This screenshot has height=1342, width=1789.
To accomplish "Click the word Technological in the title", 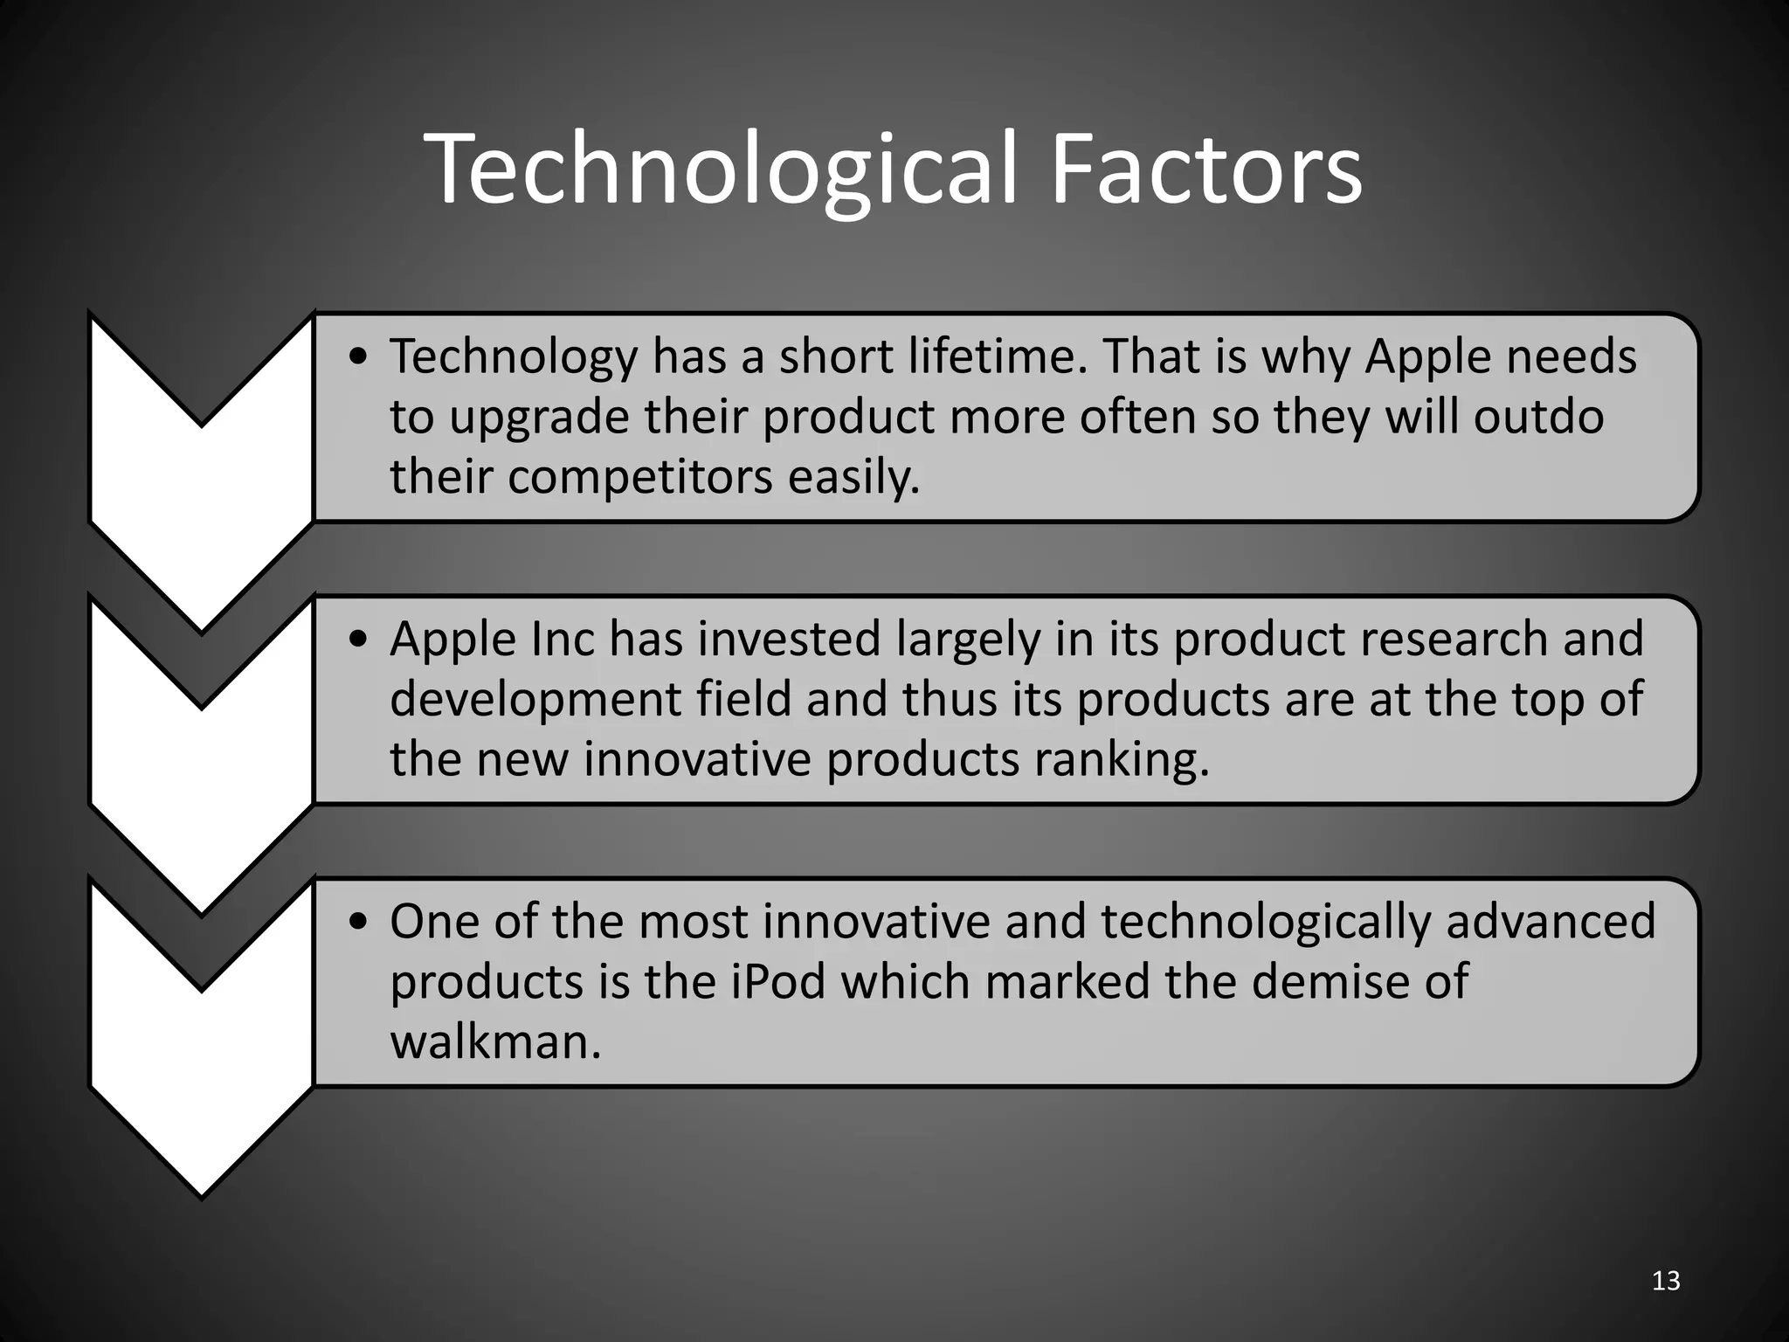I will [x=721, y=170].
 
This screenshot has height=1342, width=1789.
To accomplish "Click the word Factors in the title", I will [x=1205, y=170].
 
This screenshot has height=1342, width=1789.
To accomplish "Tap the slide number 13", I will [x=1666, y=1281].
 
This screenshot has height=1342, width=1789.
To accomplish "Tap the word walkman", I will [x=495, y=1042].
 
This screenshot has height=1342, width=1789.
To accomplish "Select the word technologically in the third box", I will [x=1265, y=923].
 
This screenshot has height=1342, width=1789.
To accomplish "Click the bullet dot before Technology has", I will [x=357, y=357].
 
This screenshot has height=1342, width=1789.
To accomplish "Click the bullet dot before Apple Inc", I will [x=357, y=640].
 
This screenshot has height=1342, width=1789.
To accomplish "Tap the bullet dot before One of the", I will [x=357, y=923].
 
